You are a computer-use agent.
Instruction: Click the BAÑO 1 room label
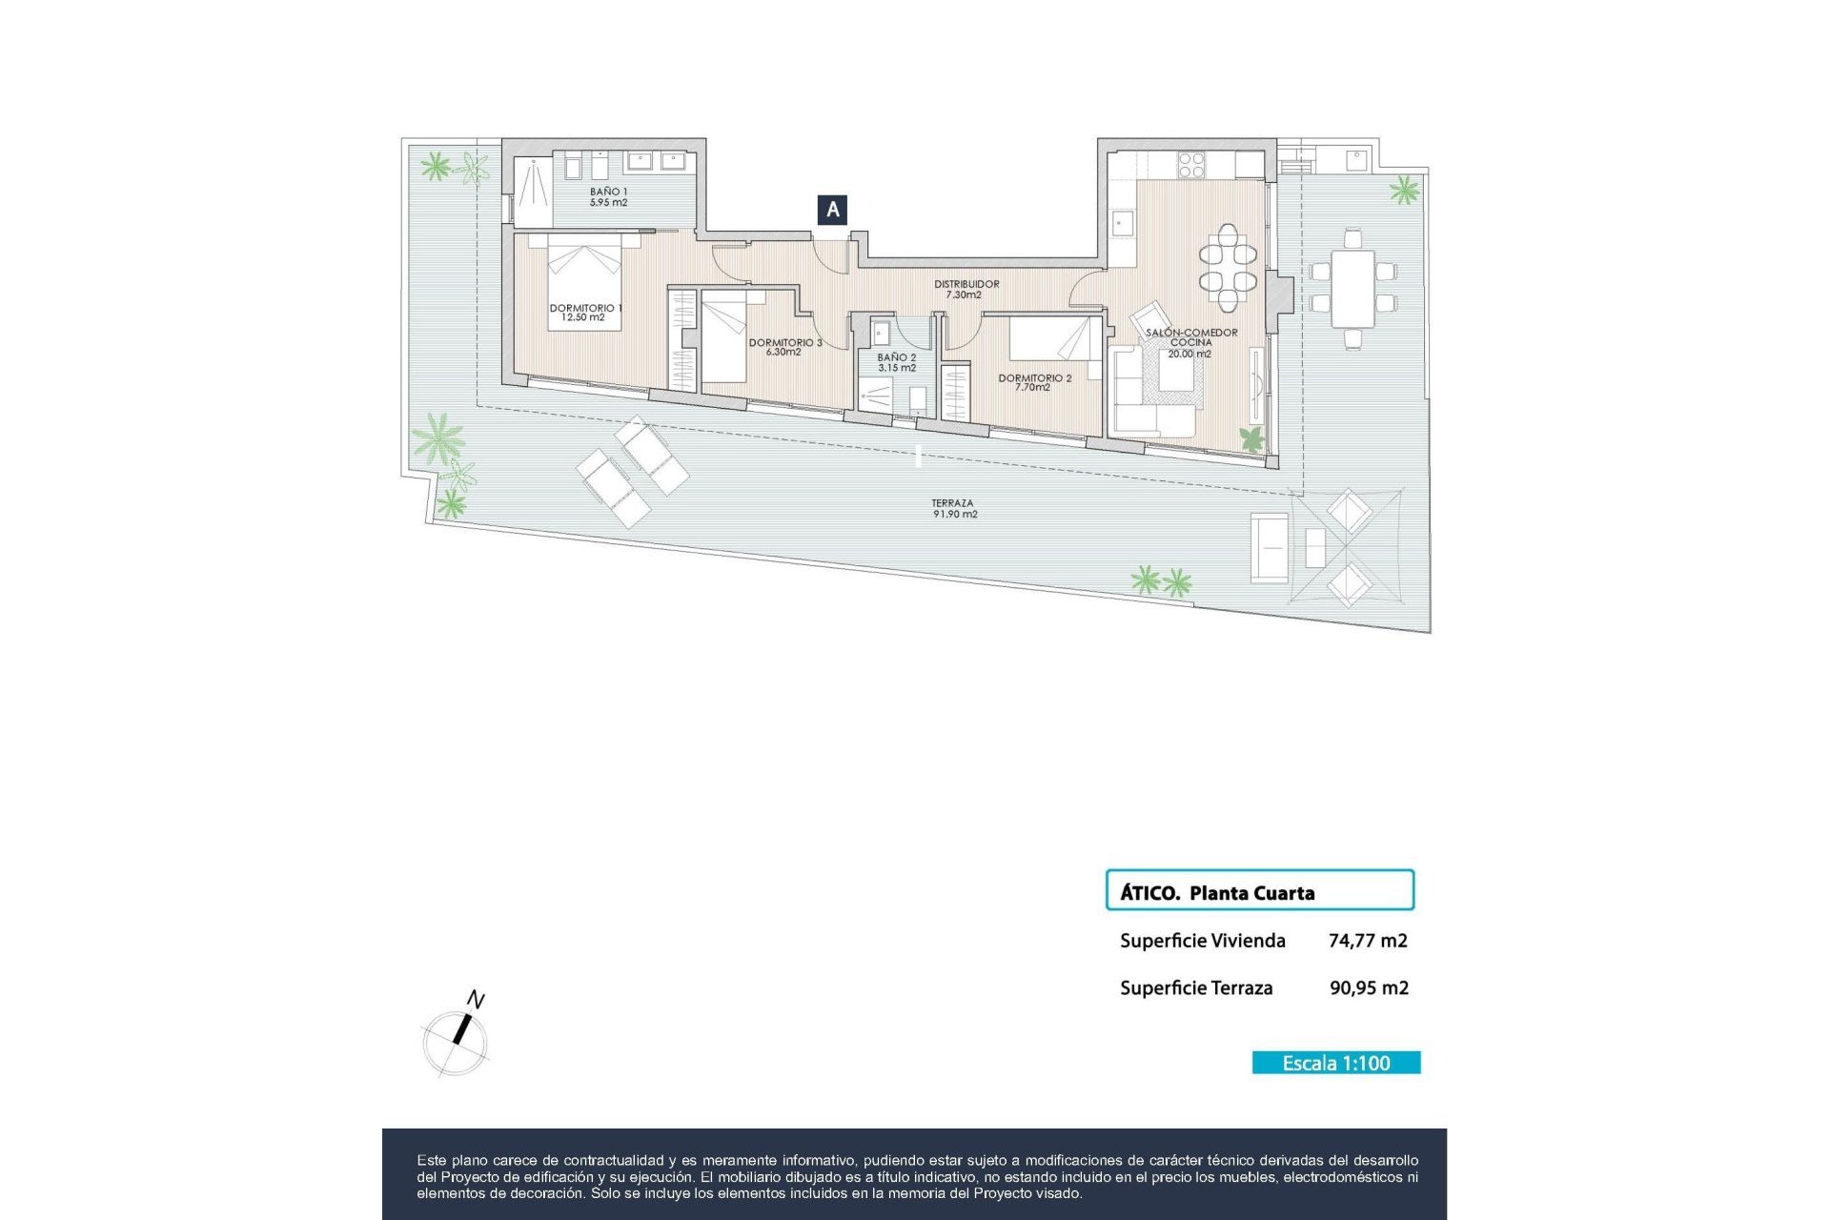pos(608,197)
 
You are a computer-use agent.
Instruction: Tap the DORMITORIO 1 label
pos(584,313)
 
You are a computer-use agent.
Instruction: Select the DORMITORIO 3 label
pos(784,347)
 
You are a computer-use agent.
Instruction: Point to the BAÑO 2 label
pos(897,362)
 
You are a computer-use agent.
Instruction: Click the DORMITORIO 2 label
pos(1034,382)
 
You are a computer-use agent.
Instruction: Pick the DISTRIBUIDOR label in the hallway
pos(966,289)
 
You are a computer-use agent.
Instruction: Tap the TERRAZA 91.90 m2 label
pos(954,509)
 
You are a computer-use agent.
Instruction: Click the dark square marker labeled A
pos(833,210)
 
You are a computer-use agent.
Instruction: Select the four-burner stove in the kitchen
pos(1191,165)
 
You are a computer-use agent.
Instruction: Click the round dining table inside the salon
pos(1228,268)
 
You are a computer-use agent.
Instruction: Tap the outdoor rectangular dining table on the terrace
pos(1352,287)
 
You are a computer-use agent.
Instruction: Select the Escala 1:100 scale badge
pos(1335,1063)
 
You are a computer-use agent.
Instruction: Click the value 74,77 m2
pos(1367,941)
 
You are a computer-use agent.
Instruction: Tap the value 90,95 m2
pos(1368,988)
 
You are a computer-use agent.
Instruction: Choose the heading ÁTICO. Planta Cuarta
pos(1217,893)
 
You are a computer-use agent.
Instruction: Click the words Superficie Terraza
pos(1195,988)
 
